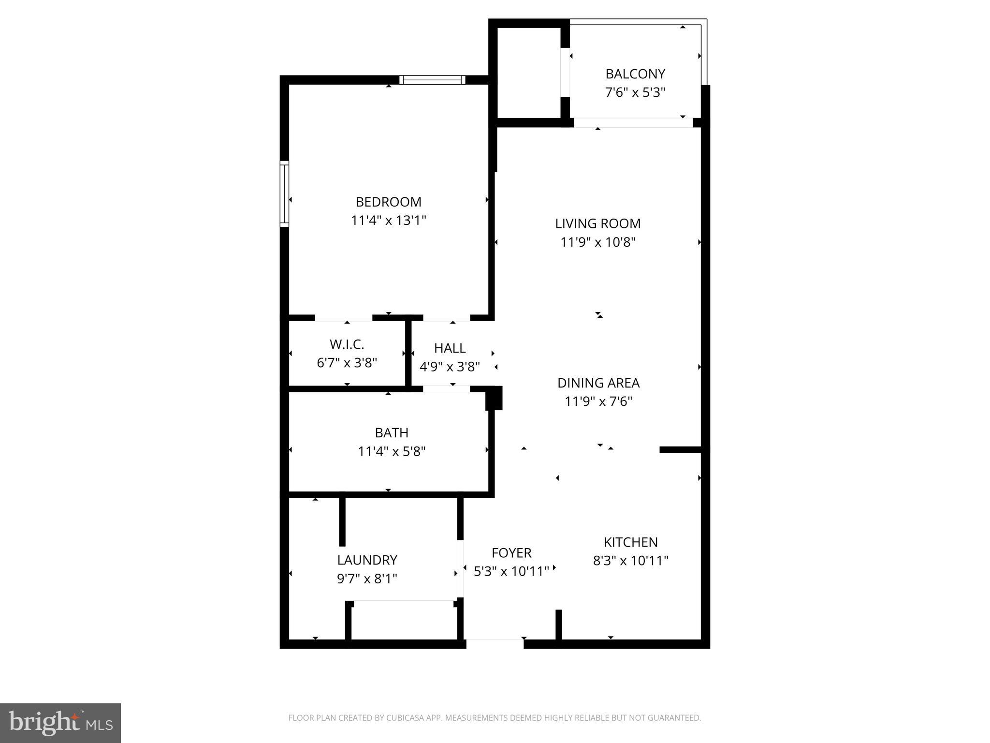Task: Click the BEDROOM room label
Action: pos(388,202)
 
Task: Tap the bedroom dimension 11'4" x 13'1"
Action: pos(388,221)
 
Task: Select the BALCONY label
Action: pos(635,74)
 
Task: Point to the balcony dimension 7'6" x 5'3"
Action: pos(635,92)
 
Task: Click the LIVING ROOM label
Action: pos(597,223)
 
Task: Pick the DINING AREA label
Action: pos(598,383)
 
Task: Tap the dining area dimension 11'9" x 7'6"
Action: pos(598,401)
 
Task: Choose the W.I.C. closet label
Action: pos(347,344)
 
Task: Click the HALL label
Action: pos(450,348)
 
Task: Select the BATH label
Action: pos(392,432)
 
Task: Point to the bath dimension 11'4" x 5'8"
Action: pos(392,451)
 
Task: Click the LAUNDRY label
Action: pos(367,560)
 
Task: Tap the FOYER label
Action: pos(511,553)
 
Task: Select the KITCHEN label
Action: pos(630,542)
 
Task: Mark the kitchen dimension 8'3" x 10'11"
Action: pos(630,561)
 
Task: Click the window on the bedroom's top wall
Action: pos(432,80)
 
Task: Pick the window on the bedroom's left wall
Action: pos(284,193)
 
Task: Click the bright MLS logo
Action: pos(60,723)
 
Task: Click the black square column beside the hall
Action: pos(494,398)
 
